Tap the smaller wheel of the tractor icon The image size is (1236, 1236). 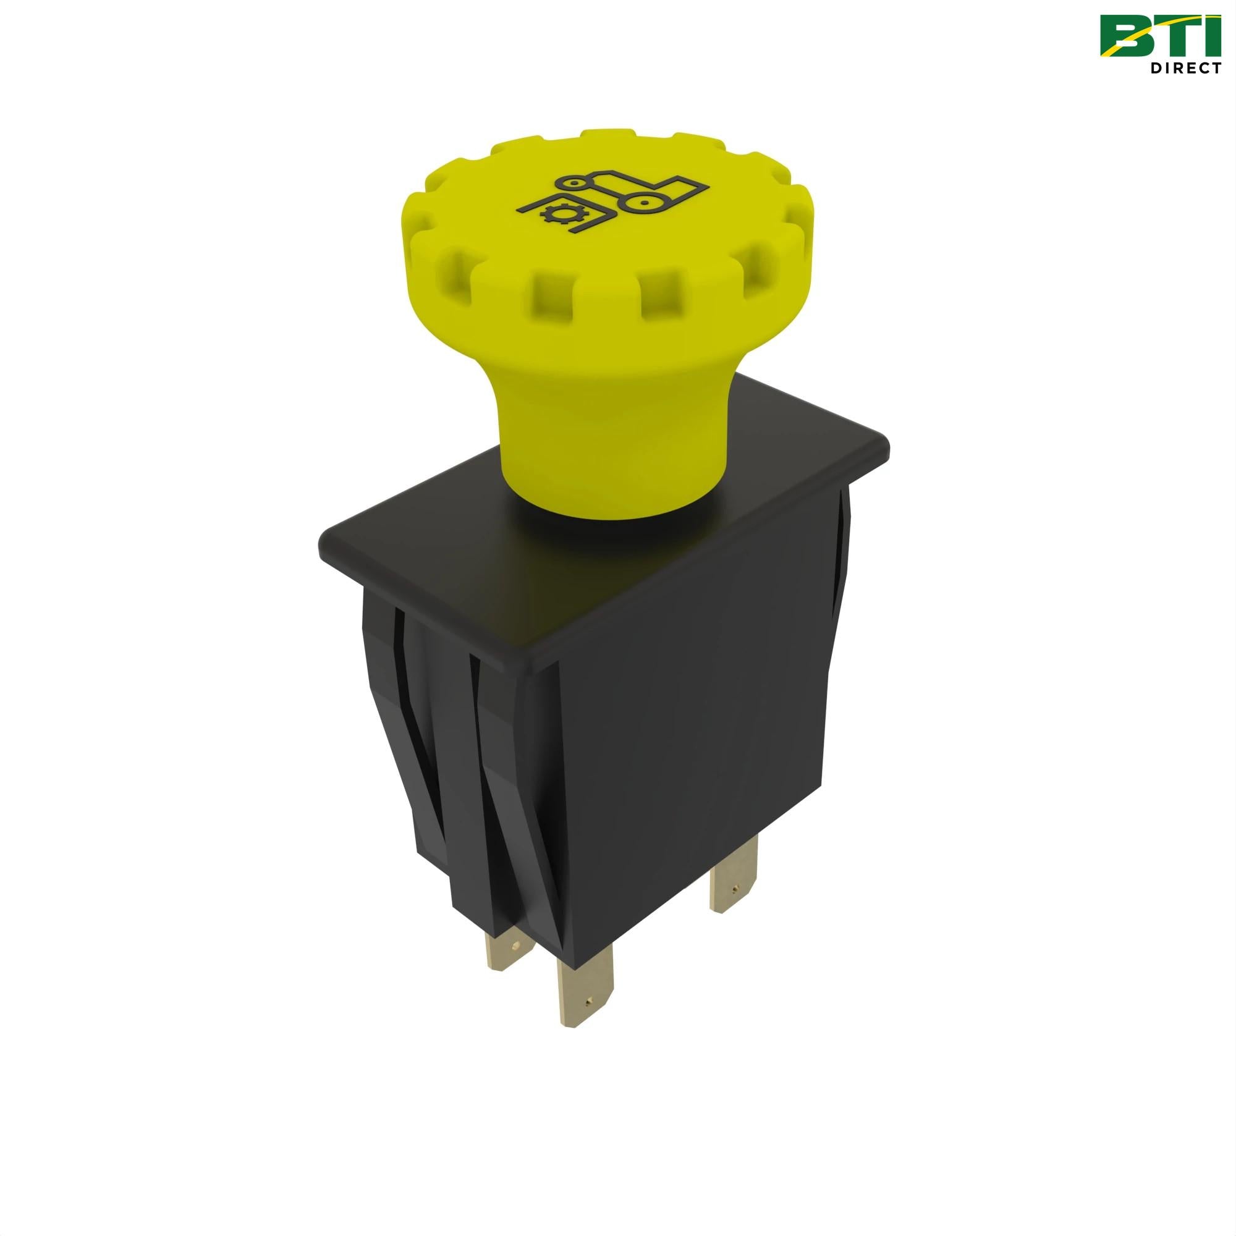(x=579, y=184)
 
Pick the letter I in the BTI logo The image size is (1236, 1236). (x=1213, y=35)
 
